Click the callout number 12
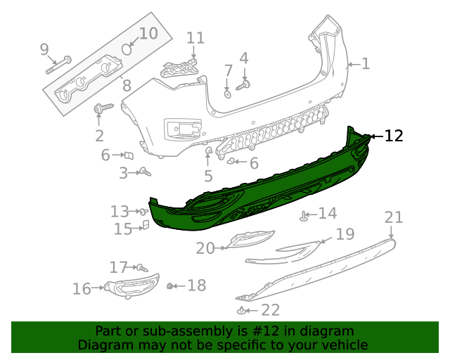point(394,136)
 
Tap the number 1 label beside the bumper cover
point(366,64)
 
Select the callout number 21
point(394,217)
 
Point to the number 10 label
point(148,33)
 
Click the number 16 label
point(82,288)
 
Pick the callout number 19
point(345,234)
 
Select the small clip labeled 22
point(241,310)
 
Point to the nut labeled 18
point(170,285)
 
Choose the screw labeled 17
point(141,268)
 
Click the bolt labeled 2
point(101,108)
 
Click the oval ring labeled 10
point(127,49)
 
